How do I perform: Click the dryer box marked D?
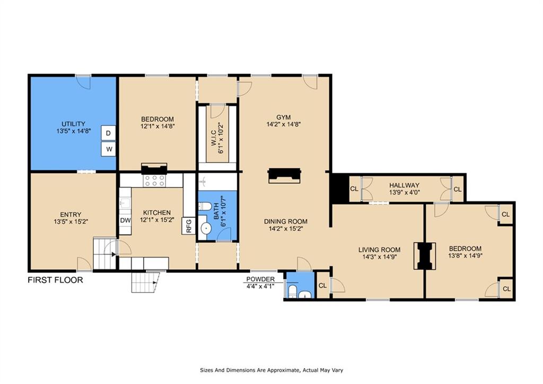[108, 133]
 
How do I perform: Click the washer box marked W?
[108, 149]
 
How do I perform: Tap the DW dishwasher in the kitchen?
[125, 220]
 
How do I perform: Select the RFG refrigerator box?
[189, 225]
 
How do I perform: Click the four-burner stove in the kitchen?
[154, 181]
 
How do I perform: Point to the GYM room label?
[283, 117]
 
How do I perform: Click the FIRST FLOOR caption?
[55, 280]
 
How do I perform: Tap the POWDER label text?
[260, 279]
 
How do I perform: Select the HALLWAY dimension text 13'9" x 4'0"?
[405, 192]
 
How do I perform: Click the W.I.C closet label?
[213, 138]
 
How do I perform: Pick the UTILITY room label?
[73, 124]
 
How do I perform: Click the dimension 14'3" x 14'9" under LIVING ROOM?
[379, 257]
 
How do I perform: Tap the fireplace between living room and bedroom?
[425, 256]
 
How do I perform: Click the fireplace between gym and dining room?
[284, 175]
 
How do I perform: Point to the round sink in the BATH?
[206, 228]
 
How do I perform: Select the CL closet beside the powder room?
[323, 286]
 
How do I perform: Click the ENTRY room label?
[71, 215]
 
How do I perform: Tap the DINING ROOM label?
[286, 221]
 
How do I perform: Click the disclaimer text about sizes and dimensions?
[271, 370]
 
